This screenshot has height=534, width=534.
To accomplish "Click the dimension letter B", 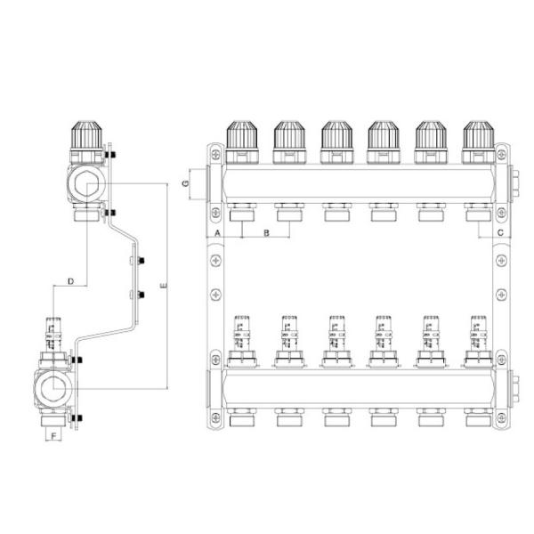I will click(x=264, y=233).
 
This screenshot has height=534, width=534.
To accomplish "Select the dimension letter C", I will click(x=500, y=233).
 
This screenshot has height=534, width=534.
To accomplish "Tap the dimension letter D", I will click(x=70, y=282).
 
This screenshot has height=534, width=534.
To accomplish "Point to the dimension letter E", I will click(x=161, y=287).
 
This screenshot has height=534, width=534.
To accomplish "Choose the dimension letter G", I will click(x=185, y=183).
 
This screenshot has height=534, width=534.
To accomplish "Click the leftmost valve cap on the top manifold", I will click(x=242, y=137).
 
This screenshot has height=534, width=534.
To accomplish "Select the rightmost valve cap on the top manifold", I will click(x=478, y=137).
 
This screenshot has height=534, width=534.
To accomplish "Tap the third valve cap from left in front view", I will click(x=336, y=137).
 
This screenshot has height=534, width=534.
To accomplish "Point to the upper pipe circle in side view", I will click(x=86, y=183).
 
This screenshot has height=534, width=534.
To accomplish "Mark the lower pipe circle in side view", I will click(x=54, y=389).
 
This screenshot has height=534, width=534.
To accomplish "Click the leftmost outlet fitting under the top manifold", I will click(x=242, y=214).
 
